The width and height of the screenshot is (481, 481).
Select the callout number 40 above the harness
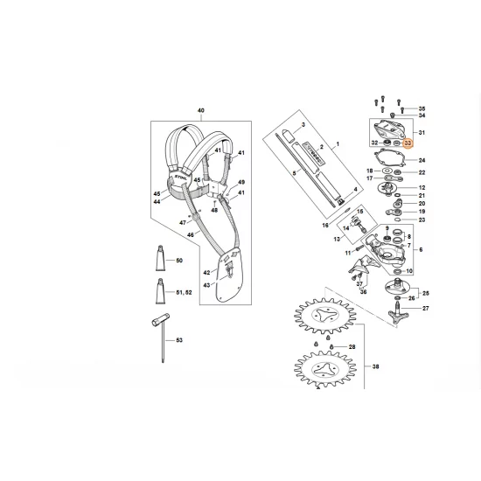pos(200,110)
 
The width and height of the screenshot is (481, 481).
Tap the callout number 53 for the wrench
pos(179,339)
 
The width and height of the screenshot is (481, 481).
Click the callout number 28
pos(377,348)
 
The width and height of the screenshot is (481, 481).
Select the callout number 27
pos(424,309)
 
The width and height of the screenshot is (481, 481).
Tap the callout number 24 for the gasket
pos(422,161)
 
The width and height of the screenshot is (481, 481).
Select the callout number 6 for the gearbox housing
pos(423,251)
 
